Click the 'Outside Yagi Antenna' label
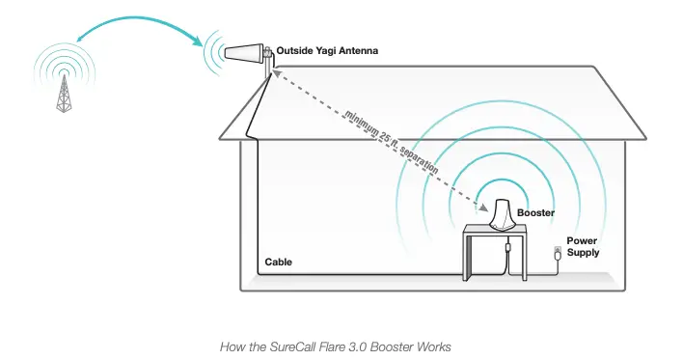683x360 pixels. (325, 49)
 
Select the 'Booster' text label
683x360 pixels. (535, 212)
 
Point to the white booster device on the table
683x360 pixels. (501, 214)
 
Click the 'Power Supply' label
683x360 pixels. (583, 246)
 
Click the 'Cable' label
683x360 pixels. (278, 262)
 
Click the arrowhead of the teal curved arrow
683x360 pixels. (200, 42)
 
